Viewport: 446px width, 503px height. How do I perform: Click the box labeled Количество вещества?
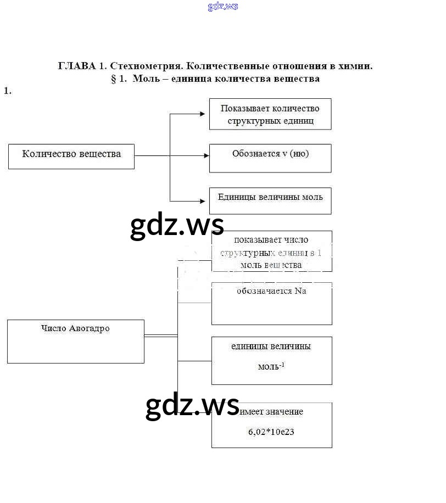[x=71, y=156]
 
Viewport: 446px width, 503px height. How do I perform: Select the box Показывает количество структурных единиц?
[x=270, y=114]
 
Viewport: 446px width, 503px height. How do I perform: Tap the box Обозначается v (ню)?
[x=270, y=158]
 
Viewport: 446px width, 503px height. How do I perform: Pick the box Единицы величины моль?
[x=270, y=200]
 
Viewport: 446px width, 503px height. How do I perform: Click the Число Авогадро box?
[x=76, y=341]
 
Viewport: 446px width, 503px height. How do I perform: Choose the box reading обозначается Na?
[x=272, y=303]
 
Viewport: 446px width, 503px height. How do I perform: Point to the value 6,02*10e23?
[x=271, y=432]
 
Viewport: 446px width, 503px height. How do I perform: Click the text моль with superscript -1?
[x=271, y=366]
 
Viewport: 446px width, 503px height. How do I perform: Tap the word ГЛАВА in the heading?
[x=76, y=66]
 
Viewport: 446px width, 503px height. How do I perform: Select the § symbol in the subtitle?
[x=114, y=79]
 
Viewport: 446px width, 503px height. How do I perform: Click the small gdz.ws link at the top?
[x=223, y=7]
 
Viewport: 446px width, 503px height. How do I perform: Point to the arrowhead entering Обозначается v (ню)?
[x=206, y=155]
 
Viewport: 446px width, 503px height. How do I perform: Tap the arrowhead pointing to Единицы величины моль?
[x=206, y=201]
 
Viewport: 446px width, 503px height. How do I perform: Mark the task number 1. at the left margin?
[x=8, y=91]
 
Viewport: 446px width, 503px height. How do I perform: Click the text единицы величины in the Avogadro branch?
[x=271, y=346]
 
